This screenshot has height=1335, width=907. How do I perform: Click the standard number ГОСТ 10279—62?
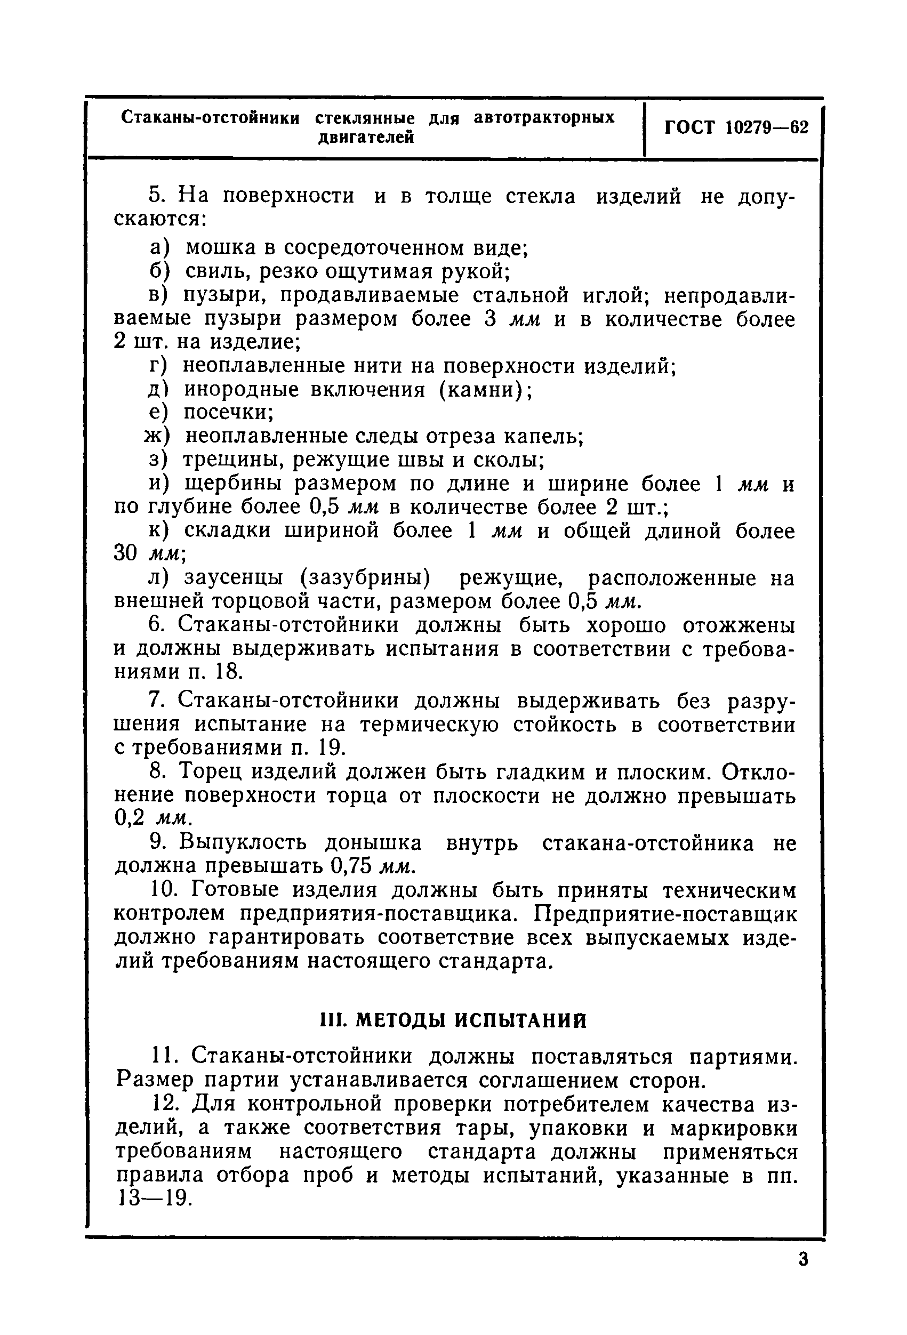click(x=736, y=127)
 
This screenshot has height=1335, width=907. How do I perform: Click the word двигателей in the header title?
click(x=366, y=138)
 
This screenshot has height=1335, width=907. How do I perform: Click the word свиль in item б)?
click(x=216, y=271)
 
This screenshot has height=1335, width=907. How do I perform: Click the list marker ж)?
click(x=157, y=437)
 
